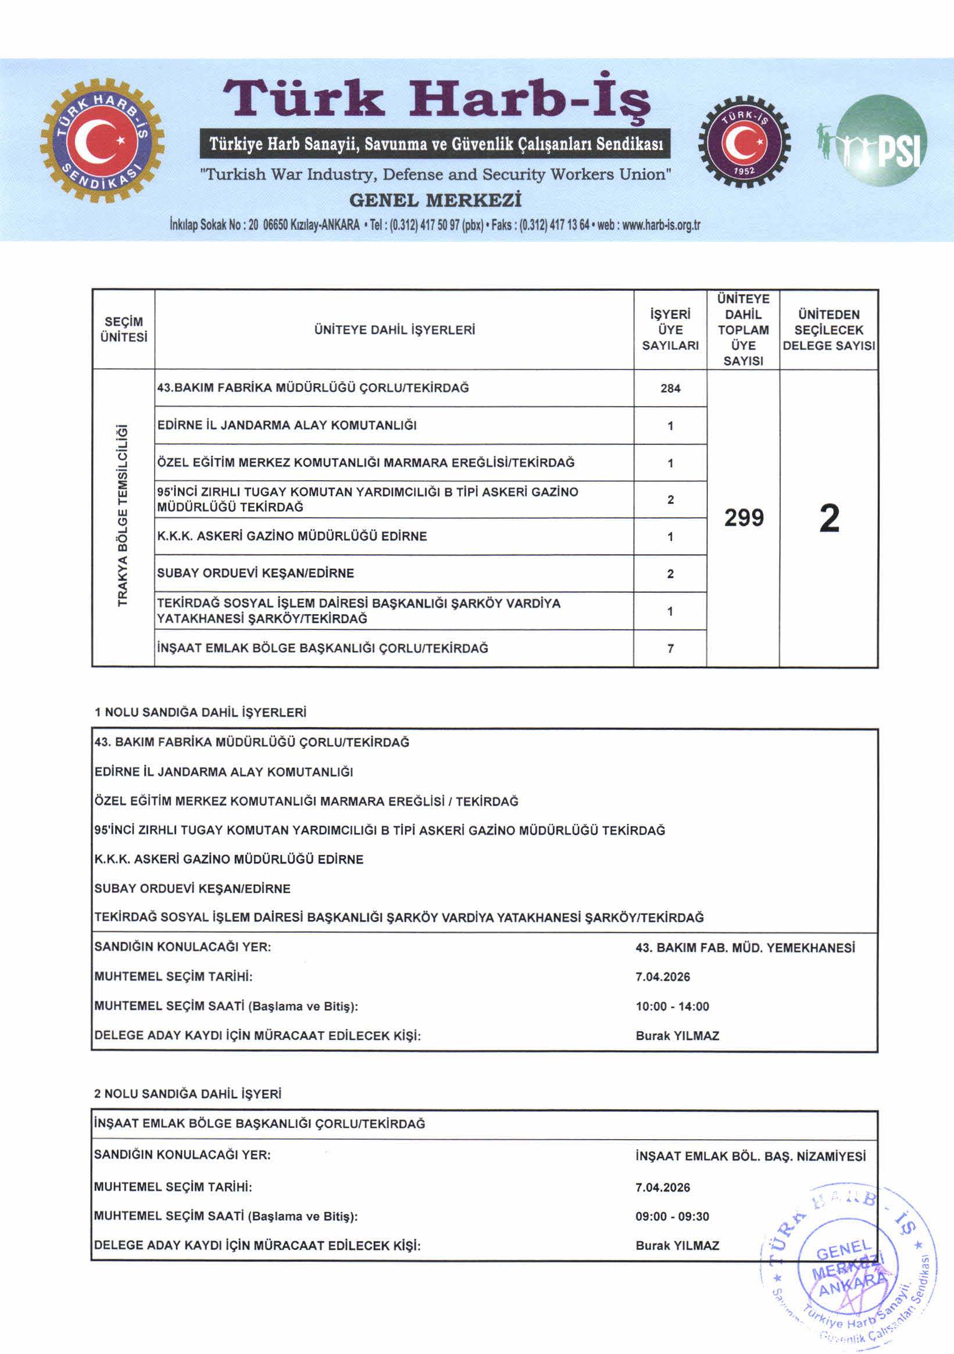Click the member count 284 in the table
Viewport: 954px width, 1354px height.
(x=670, y=389)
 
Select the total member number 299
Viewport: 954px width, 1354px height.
(x=744, y=518)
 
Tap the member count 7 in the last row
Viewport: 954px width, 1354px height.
(x=670, y=649)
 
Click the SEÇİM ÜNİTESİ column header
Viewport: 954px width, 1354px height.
(x=123, y=330)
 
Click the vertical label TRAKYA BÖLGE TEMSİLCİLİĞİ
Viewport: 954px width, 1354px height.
(x=123, y=515)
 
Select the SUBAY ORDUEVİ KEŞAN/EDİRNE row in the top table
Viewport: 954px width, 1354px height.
(x=255, y=573)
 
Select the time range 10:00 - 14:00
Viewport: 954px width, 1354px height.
(x=672, y=1007)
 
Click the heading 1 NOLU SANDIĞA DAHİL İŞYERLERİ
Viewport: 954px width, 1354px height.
(x=201, y=712)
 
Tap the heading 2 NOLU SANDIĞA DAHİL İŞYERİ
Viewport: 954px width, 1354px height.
(x=188, y=1094)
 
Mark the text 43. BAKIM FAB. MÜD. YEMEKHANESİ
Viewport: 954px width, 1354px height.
(x=745, y=947)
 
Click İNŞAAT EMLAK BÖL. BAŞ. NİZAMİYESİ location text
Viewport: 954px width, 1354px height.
(x=750, y=1156)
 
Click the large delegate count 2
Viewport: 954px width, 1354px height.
(x=829, y=518)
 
